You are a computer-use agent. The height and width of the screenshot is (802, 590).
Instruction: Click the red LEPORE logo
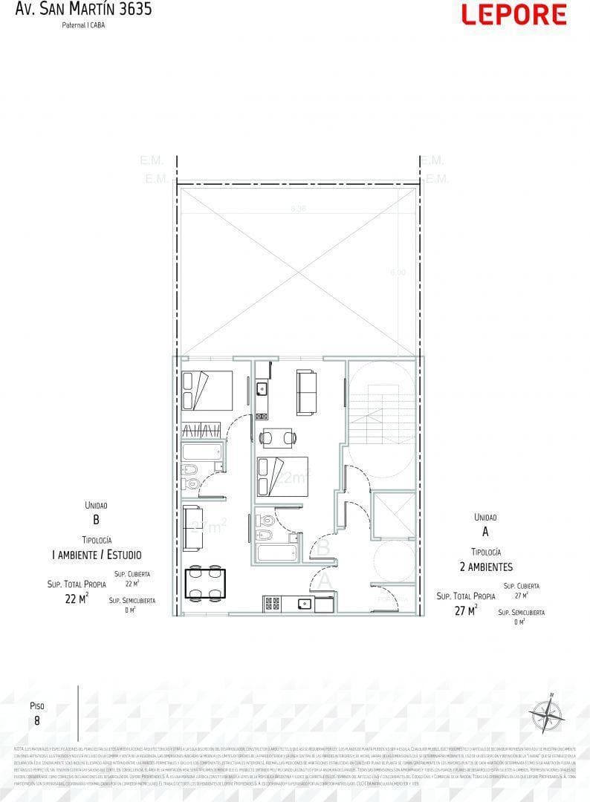(513, 15)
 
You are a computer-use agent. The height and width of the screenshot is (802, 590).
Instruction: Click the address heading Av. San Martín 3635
(84, 10)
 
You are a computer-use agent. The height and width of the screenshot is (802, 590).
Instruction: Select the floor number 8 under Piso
(37, 720)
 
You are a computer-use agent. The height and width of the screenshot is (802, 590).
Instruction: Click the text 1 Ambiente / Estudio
(96, 555)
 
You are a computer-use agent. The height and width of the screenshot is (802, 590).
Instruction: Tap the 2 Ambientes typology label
(486, 567)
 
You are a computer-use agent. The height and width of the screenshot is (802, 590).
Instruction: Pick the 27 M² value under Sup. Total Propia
(464, 610)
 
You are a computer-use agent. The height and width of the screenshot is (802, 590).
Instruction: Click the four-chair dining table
(206, 583)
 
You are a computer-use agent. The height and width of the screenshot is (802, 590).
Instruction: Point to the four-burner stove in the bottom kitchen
(271, 604)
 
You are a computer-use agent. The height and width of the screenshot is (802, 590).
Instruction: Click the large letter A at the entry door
(325, 580)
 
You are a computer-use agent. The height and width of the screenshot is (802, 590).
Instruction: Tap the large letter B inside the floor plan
(324, 547)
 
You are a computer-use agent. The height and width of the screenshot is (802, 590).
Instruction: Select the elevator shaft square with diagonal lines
(395, 513)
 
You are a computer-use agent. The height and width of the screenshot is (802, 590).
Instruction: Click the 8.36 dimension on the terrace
(298, 209)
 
